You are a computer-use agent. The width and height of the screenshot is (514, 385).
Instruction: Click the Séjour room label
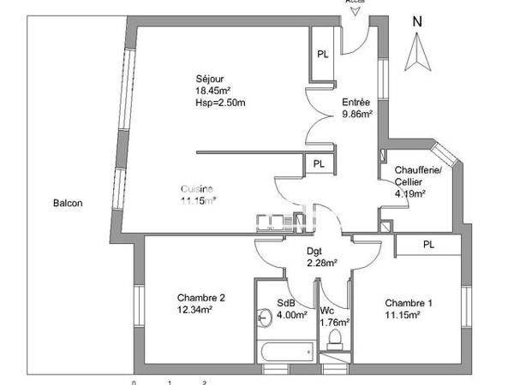(209, 80)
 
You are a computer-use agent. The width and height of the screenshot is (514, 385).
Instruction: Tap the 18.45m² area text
(214, 92)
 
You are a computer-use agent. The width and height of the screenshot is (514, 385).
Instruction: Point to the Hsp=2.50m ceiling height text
(220, 104)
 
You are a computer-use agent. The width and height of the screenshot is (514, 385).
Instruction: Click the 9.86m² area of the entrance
(356, 113)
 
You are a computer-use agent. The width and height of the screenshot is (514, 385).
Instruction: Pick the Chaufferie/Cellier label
(417, 175)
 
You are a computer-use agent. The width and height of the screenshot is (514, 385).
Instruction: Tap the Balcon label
(68, 204)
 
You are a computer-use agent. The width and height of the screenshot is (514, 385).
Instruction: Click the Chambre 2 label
(200, 298)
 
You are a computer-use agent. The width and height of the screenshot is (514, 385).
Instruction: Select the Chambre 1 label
(409, 303)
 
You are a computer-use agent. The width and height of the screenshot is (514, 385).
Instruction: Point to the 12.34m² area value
(194, 310)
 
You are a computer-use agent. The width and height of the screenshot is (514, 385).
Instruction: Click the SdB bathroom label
(285, 303)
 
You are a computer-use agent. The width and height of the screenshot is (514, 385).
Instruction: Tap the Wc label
(326, 310)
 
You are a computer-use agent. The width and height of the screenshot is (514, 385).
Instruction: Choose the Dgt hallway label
(314, 251)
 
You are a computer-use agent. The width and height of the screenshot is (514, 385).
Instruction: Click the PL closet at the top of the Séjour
(322, 53)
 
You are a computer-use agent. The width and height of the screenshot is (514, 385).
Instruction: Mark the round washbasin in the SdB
(261, 317)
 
